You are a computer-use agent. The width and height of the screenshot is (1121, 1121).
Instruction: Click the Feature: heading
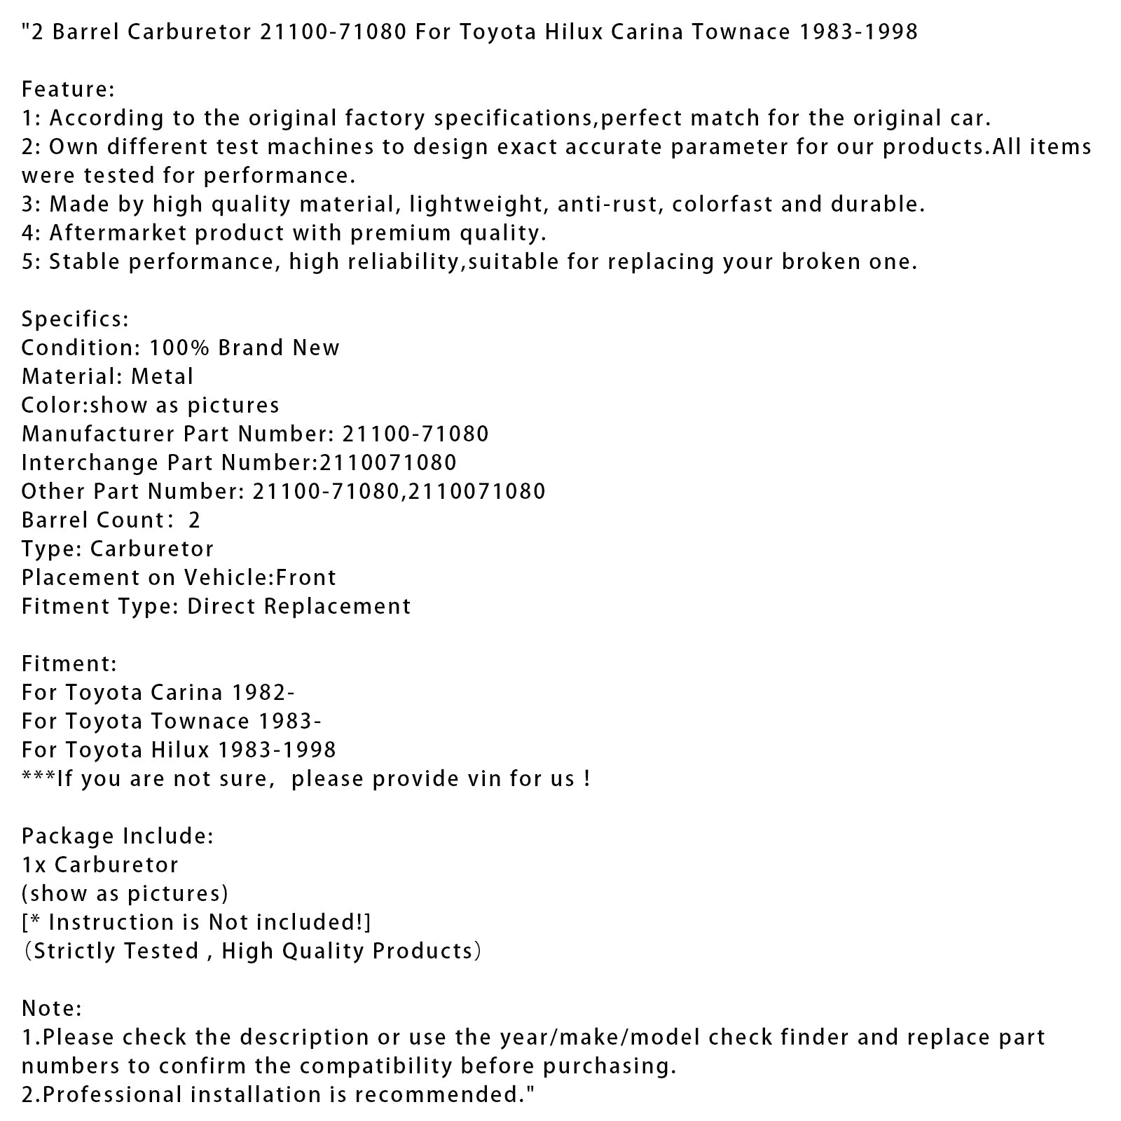pyautogui.click(x=68, y=90)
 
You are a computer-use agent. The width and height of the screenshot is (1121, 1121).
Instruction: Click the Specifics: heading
pyautogui.click(x=75, y=319)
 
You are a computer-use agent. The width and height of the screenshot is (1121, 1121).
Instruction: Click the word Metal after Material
pyautogui.click(x=162, y=377)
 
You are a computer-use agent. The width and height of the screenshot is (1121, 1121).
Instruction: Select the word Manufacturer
pyautogui.click(x=98, y=434)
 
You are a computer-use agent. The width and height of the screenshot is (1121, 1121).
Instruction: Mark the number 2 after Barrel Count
pyautogui.click(x=195, y=521)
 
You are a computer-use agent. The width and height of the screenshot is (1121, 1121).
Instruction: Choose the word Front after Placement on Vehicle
pyautogui.click(x=306, y=578)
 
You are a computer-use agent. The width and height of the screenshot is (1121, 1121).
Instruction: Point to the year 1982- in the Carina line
pyautogui.click(x=256, y=693)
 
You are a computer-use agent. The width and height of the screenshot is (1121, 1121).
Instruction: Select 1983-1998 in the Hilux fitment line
pyautogui.click(x=277, y=750)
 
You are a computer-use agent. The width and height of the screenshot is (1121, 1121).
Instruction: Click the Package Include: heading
pyautogui.click(x=117, y=837)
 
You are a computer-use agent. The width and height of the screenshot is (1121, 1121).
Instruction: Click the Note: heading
pyautogui.click(x=52, y=1009)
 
